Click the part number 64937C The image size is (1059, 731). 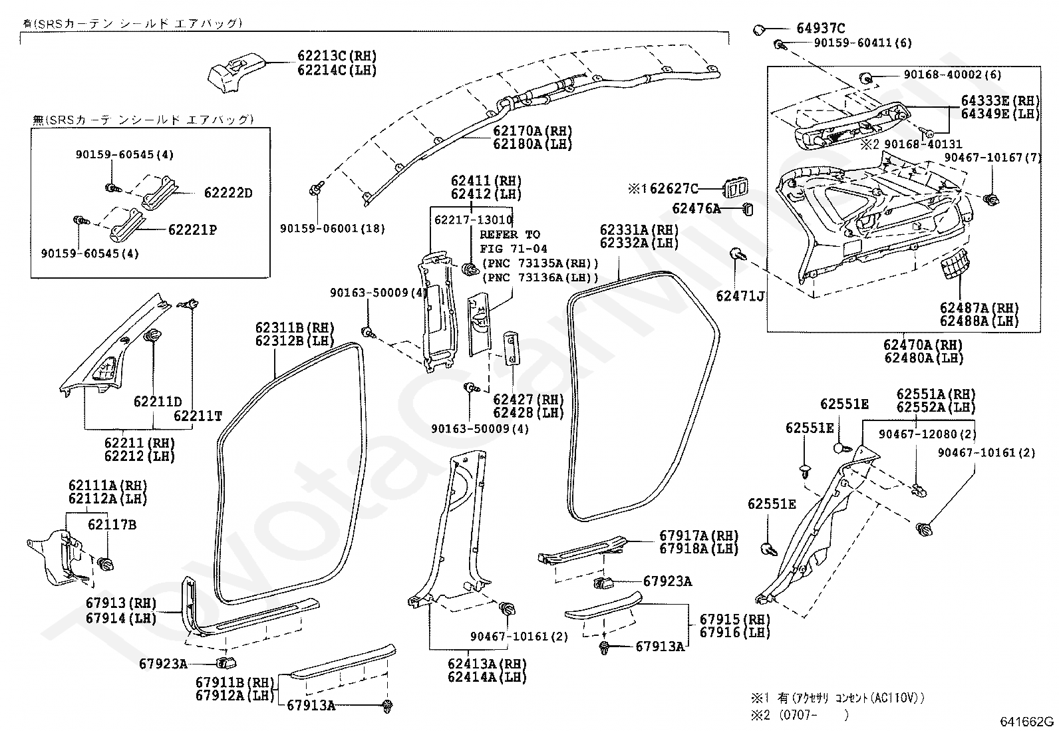820,28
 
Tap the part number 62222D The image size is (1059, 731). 228,193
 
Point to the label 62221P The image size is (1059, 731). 192,230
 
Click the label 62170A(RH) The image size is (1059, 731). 532,131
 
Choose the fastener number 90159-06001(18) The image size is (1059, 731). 333,228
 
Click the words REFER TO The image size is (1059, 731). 510,234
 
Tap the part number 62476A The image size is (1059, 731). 696,209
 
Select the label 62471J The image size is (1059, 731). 740,295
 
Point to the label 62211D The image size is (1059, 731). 158,402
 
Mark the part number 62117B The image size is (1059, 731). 112,525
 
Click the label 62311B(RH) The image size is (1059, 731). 295,327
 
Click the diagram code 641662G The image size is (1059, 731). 1026,722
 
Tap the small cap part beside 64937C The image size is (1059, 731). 759,29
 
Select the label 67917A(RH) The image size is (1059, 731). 699,535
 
